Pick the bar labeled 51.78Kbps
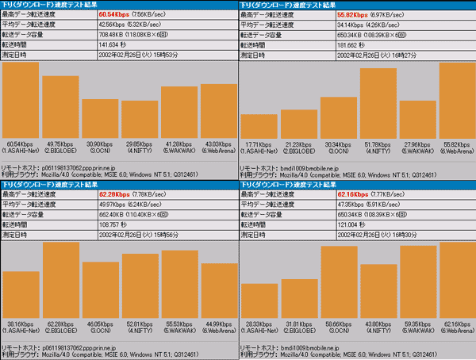(x=378, y=104)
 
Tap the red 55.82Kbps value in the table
(x=349, y=14)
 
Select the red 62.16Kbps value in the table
(x=349, y=194)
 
